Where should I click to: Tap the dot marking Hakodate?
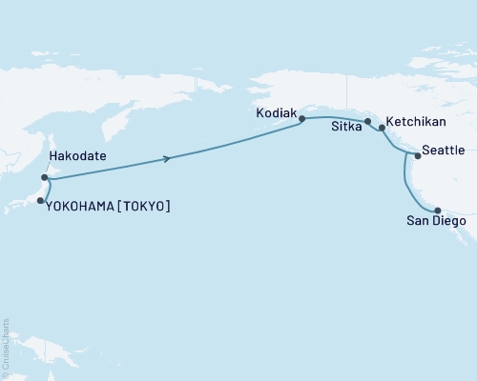tap(45, 177)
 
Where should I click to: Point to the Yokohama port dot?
tap(39, 201)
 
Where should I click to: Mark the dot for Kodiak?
tap(301, 119)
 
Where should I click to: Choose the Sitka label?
tap(346, 126)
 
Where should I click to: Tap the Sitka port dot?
tap(367, 121)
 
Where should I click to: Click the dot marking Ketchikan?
tap(382, 128)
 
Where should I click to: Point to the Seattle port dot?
tap(416, 154)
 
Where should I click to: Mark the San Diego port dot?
tap(437, 211)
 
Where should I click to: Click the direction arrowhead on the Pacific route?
tap(168, 159)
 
